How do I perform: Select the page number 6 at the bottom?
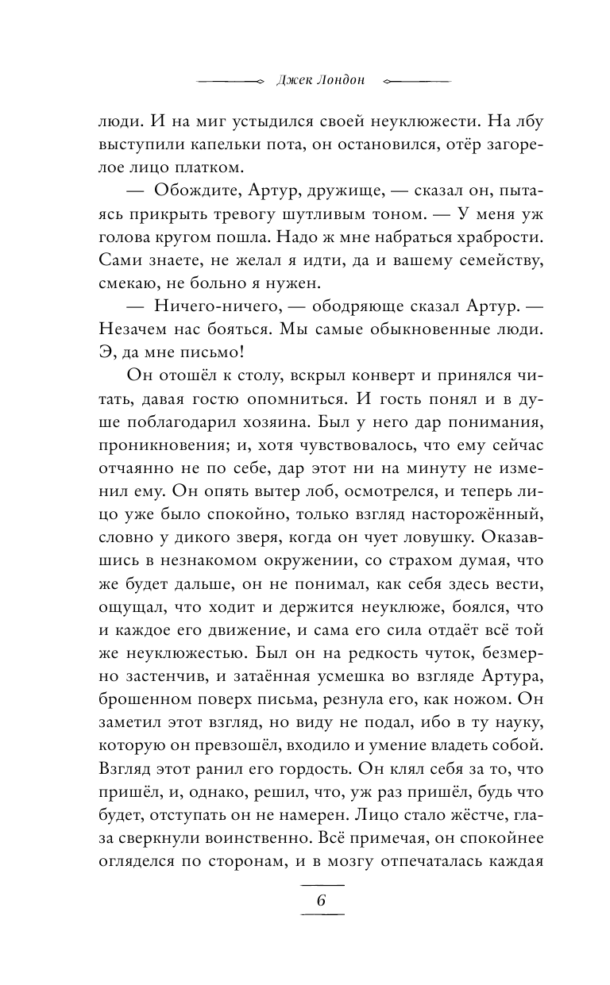pyautogui.click(x=322, y=900)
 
